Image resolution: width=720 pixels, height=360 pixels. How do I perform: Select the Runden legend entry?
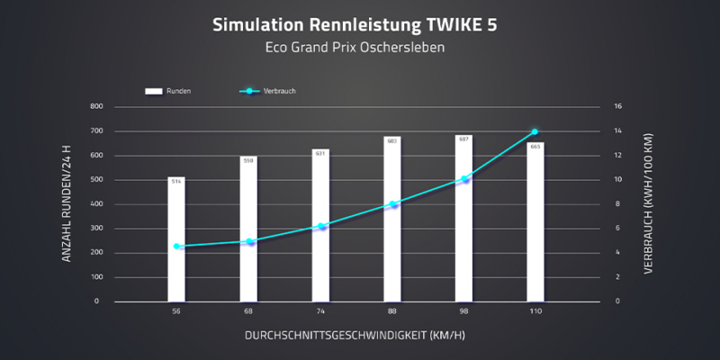[166, 91]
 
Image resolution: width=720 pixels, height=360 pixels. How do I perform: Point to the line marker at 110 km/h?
[535, 132]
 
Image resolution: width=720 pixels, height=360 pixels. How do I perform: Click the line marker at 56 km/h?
[175, 247]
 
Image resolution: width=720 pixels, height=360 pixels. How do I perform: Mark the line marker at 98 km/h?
[464, 179]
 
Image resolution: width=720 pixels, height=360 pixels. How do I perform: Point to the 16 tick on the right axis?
[618, 107]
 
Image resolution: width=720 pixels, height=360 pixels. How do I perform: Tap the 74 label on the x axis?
[320, 311]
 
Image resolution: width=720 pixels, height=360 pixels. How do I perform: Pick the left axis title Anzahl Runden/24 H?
[66, 204]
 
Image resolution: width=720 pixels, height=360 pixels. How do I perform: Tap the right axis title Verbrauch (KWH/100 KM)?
[649, 204]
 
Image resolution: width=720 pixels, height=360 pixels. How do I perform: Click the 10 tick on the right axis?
[618, 180]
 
